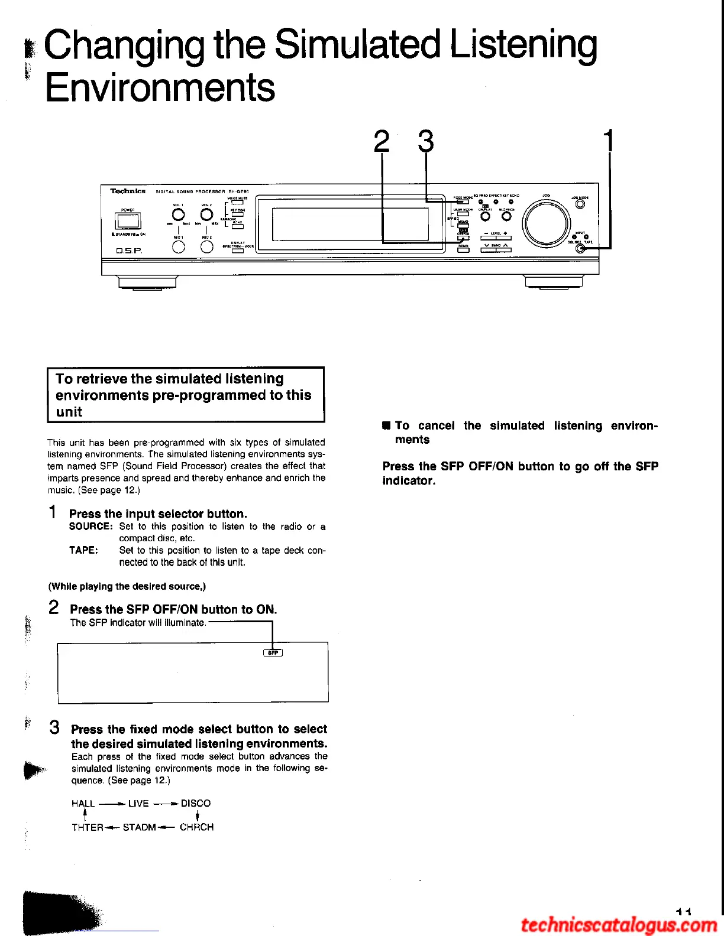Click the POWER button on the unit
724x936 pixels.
(128, 222)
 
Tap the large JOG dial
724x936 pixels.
(546, 223)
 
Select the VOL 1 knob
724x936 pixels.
(178, 214)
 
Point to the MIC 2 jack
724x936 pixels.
(206, 247)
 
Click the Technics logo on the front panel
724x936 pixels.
(128, 191)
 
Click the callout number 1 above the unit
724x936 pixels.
(609, 141)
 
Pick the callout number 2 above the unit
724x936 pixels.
(382, 142)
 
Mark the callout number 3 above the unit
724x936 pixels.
(426, 142)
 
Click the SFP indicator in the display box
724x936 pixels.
(273, 652)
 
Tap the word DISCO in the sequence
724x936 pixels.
(196, 803)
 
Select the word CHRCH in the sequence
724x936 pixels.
(196, 827)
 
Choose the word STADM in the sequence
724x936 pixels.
(140, 827)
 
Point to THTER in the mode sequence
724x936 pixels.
(88, 827)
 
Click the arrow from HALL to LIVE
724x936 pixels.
(111, 804)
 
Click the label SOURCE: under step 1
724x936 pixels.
(90, 526)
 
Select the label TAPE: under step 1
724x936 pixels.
(83, 550)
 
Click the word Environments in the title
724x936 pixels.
(160, 87)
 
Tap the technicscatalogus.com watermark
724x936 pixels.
(619, 924)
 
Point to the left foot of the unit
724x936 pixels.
(147, 282)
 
